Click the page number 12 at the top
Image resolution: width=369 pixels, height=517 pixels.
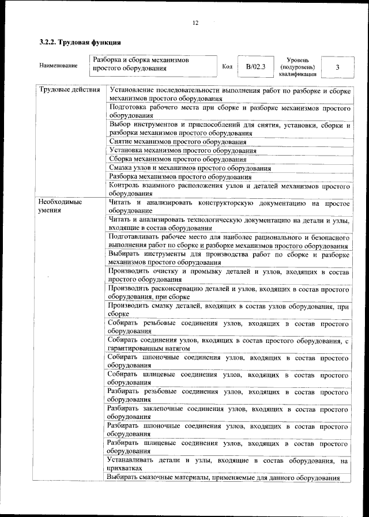tap(195, 23)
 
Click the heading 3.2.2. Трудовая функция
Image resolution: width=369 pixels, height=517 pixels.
tap(80, 42)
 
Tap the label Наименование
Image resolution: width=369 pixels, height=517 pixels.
tap(58, 66)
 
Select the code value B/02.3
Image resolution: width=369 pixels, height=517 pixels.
tap(255, 66)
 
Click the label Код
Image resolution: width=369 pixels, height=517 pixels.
tap(227, 66)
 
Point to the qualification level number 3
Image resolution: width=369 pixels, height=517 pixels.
tap(337, 67)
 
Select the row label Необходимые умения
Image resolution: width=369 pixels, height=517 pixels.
tap(59, 207)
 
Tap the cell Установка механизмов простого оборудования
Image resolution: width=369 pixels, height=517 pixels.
tap(182, 150)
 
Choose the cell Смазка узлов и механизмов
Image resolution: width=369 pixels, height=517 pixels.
tap(190, 168)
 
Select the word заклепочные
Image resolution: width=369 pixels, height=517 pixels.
tap(168, 408)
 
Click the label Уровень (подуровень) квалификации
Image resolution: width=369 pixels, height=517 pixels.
tap(298, 67)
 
